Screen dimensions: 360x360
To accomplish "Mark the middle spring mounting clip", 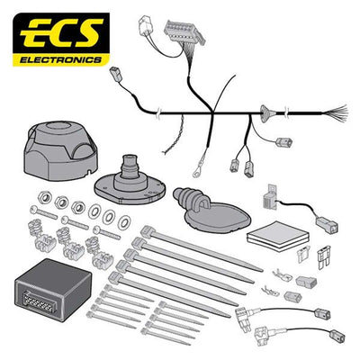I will [x=67, y=241].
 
